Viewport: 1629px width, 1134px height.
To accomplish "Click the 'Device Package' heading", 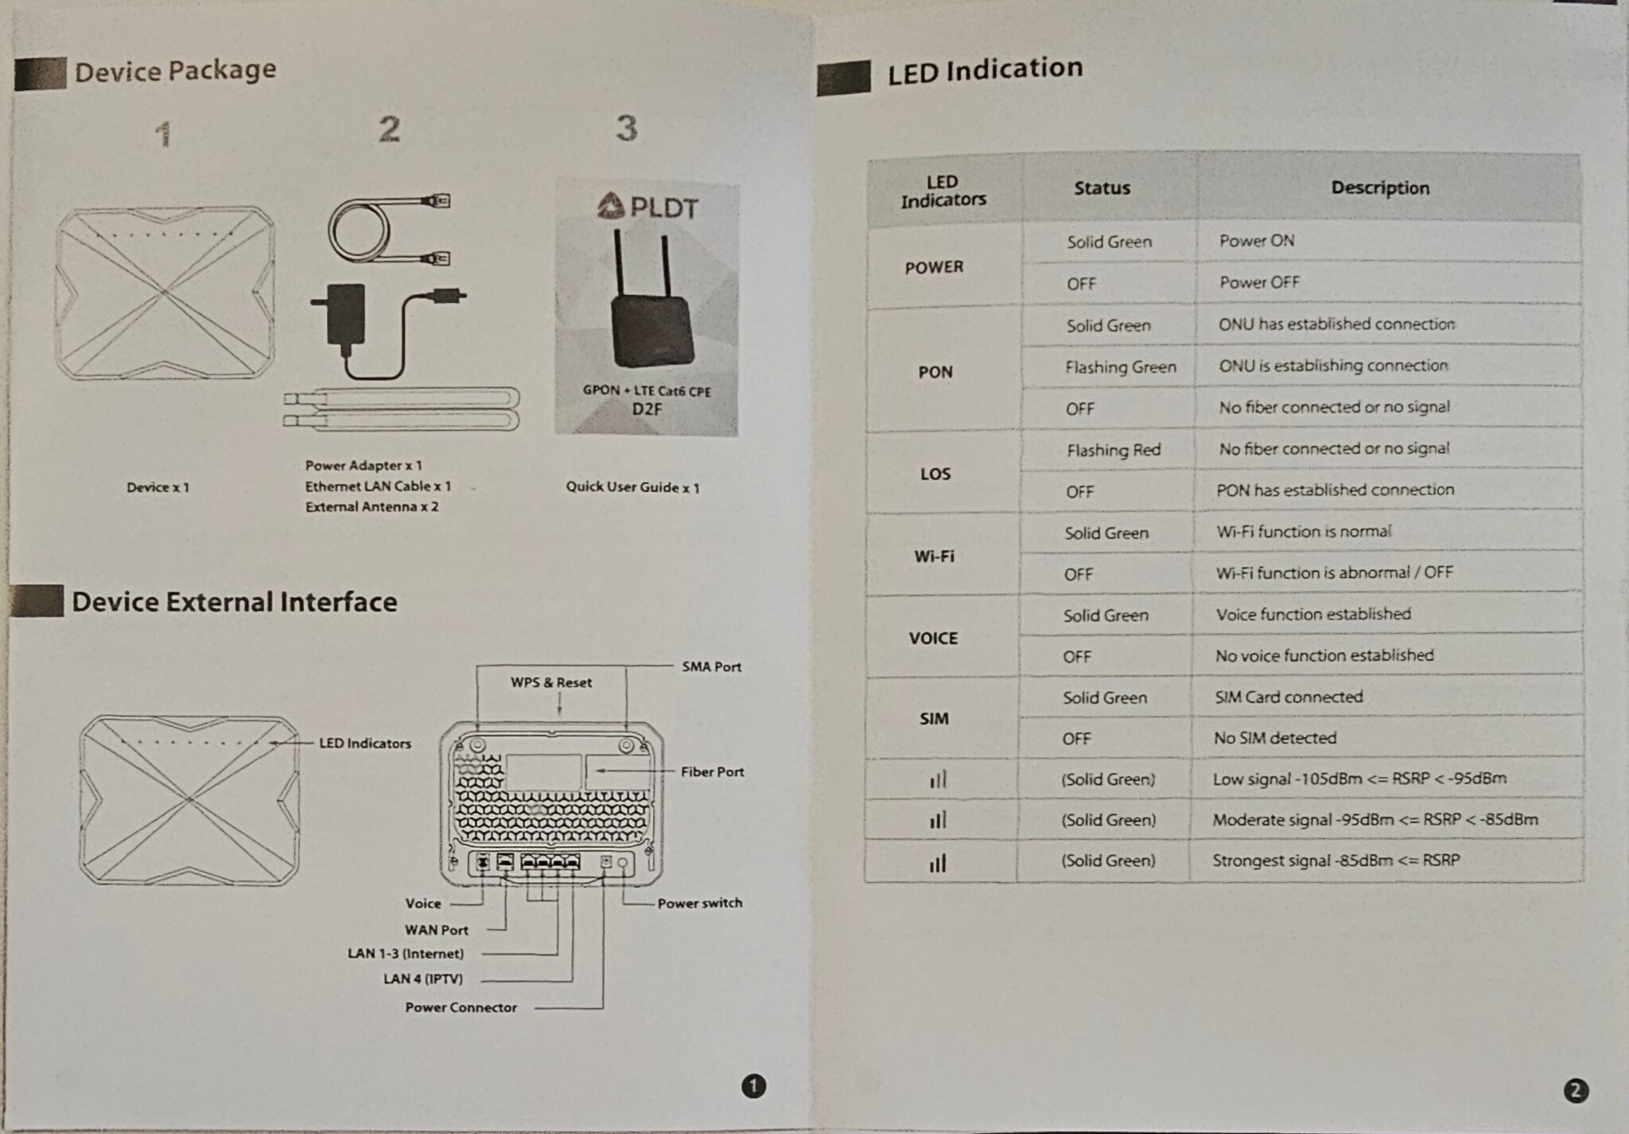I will click(x=175, y=71).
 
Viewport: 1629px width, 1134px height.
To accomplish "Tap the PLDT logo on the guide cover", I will click(x=647, y=208).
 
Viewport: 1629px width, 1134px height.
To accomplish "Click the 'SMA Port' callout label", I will click(x=711, y=666).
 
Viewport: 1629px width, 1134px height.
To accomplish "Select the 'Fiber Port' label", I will click(x=712, y=771).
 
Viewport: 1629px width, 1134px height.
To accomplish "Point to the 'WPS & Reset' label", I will click(x=550, y=682).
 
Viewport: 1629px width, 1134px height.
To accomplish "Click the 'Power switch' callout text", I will click(x=699, y=903).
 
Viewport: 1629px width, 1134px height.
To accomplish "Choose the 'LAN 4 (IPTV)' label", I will click(x=422, y=978).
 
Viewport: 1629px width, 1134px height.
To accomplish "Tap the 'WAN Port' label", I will click(x=436, y=930).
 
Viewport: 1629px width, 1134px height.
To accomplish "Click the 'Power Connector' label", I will click(x=461, y=1007).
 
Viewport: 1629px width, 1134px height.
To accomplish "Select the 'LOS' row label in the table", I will click(x=935, y=474).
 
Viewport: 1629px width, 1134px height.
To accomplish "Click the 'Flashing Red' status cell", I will click(x=1113, y=450).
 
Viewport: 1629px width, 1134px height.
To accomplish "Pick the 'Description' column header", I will click(x=1379, y=188).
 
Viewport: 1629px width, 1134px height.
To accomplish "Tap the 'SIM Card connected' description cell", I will click(x=1288, y=697).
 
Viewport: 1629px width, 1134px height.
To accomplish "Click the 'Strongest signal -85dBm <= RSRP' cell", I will click(x=1335, y=860).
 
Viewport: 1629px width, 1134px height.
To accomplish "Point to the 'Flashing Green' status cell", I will click(x=1120, y=367).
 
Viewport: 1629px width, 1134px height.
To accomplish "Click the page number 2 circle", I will click(x=1575, y=1090).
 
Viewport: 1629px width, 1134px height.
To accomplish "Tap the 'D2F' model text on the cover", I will click(x=647, y=409).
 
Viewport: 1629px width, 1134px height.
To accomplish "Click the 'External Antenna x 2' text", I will click(x=371, y=507).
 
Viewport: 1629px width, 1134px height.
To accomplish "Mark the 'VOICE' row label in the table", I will click(x=933, y=638).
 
